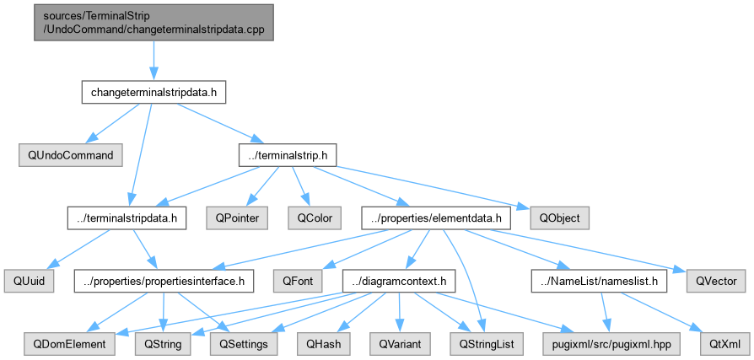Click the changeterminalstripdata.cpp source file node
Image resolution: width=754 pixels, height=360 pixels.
coord(153,23)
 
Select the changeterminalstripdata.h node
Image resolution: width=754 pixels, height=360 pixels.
coord(153,94)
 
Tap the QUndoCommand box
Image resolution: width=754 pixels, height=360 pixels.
coord(71,156)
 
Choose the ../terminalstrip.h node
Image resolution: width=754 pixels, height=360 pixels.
coord(287,156)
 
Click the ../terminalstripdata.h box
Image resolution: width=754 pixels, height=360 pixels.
coord(127,218)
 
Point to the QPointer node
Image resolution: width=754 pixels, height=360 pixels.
coord(238,218)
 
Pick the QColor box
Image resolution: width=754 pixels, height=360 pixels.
coord(315,218)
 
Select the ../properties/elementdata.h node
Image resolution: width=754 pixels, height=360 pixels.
coord(436,218)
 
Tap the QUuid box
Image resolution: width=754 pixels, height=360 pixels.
coord(29,281)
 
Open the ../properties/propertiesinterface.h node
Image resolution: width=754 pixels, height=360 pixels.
coord(163,281)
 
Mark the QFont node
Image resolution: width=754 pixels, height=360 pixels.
coord(297,281)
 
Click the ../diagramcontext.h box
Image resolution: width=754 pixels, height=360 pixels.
coord(398,281)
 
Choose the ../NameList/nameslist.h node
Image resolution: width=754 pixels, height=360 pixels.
coord(599,281)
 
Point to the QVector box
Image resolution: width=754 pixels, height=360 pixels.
coord(718,281)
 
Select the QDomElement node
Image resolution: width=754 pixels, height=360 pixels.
coord(69,344)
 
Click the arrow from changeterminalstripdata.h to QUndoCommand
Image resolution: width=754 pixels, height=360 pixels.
coord(112,124)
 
